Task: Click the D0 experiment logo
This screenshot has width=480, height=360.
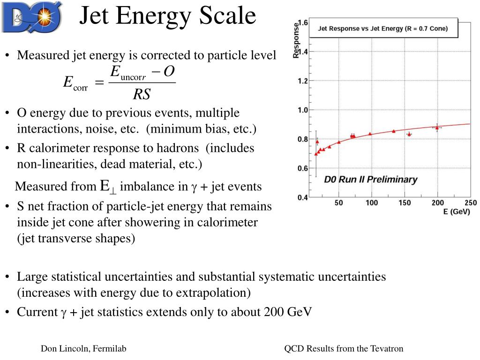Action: click(x=32, y=17)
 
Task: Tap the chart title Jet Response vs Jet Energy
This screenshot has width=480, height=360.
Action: click(x=382, y=29)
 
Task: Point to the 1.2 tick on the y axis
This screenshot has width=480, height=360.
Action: click(x=303, y=81)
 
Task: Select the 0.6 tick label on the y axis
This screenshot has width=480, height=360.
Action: click(x=303, y=168)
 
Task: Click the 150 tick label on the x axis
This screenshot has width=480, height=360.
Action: click(x=405, y=202)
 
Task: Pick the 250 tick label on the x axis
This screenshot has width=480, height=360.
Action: click(x=471, y=202)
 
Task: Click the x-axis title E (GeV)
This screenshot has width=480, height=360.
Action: click(x=457, y=211)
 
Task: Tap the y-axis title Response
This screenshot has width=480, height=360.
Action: click(x=296, y=40)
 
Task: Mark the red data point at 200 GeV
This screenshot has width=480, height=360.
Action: click(x=437, y=127)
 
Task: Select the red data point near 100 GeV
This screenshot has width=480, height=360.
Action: click(x=370, y=134)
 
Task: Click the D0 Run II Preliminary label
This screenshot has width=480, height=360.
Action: click(x=371, y=180)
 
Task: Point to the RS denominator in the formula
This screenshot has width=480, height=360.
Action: click(x=142, y=94)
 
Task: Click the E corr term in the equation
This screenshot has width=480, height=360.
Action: click(x=75, y=82)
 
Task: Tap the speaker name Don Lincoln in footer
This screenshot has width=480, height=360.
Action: click(x=66, y=348)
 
